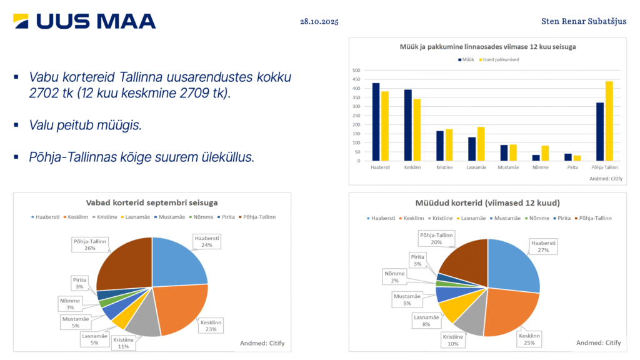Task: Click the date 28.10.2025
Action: coord(319,21)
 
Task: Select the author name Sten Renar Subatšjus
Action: coord(584,21)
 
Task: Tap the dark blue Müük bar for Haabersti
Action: coord(376,122)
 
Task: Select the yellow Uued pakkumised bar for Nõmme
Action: coord(545,153)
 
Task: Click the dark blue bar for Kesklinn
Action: coord(408,125)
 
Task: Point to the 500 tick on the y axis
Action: coord(356,71)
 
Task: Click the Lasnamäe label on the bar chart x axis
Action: coord(477,167)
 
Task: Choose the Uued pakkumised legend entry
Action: coord(501,59)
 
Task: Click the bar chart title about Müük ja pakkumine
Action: coord(487,47)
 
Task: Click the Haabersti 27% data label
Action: coord(542,246)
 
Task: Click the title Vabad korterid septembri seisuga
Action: coord(152,203)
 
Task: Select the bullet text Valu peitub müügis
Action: coord(85,125)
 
